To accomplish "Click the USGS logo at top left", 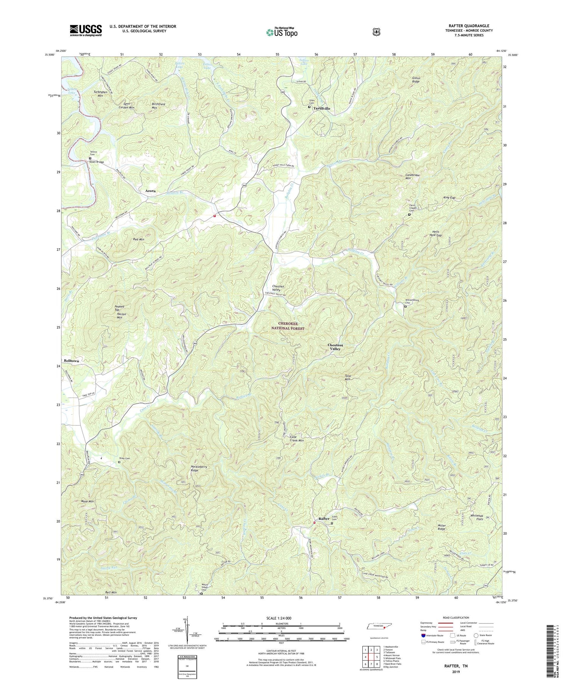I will pos(86,30).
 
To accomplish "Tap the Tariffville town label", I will pos(321,109).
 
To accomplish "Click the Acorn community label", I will pos(150,191).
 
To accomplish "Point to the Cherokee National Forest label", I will pos(291,326).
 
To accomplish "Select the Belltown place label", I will pos(72,361).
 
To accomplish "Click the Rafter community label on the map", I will pos(324,519).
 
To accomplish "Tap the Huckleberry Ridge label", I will pos(199,469).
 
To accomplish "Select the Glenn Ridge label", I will pos(416,79).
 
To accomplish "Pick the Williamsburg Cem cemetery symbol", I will pos(405,307).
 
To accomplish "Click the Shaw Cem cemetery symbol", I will pos(119,462).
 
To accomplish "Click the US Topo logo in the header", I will pos(282,32).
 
